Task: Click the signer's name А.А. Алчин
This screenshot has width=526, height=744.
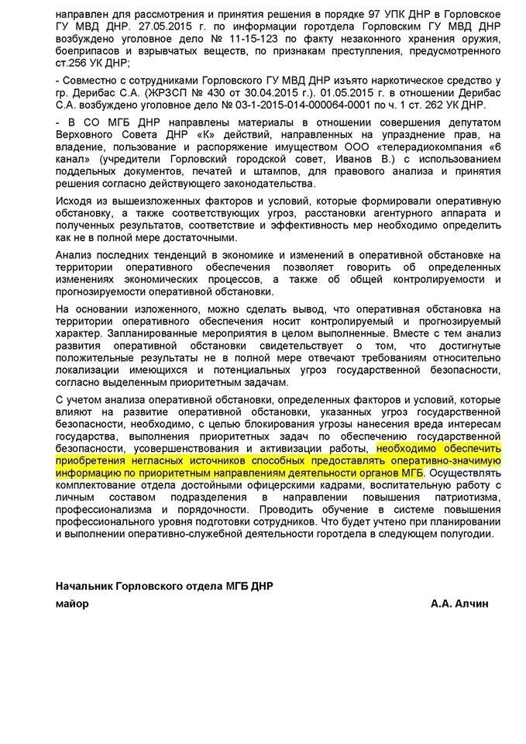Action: [462, 602]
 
